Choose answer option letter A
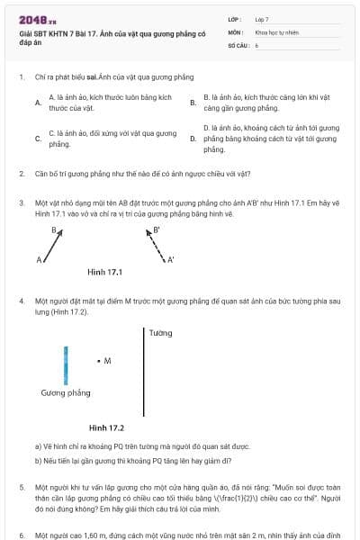[38, 103]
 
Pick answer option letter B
[193, 103]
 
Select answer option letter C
[38, 139]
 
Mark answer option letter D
[193, 139]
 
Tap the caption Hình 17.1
[104, 272]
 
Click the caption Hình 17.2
[106, 427]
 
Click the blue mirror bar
[66, 365]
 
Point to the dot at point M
[98, 361]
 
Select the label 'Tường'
[160, 333]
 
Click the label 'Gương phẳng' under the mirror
[66, 393]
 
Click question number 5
[21, 486]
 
